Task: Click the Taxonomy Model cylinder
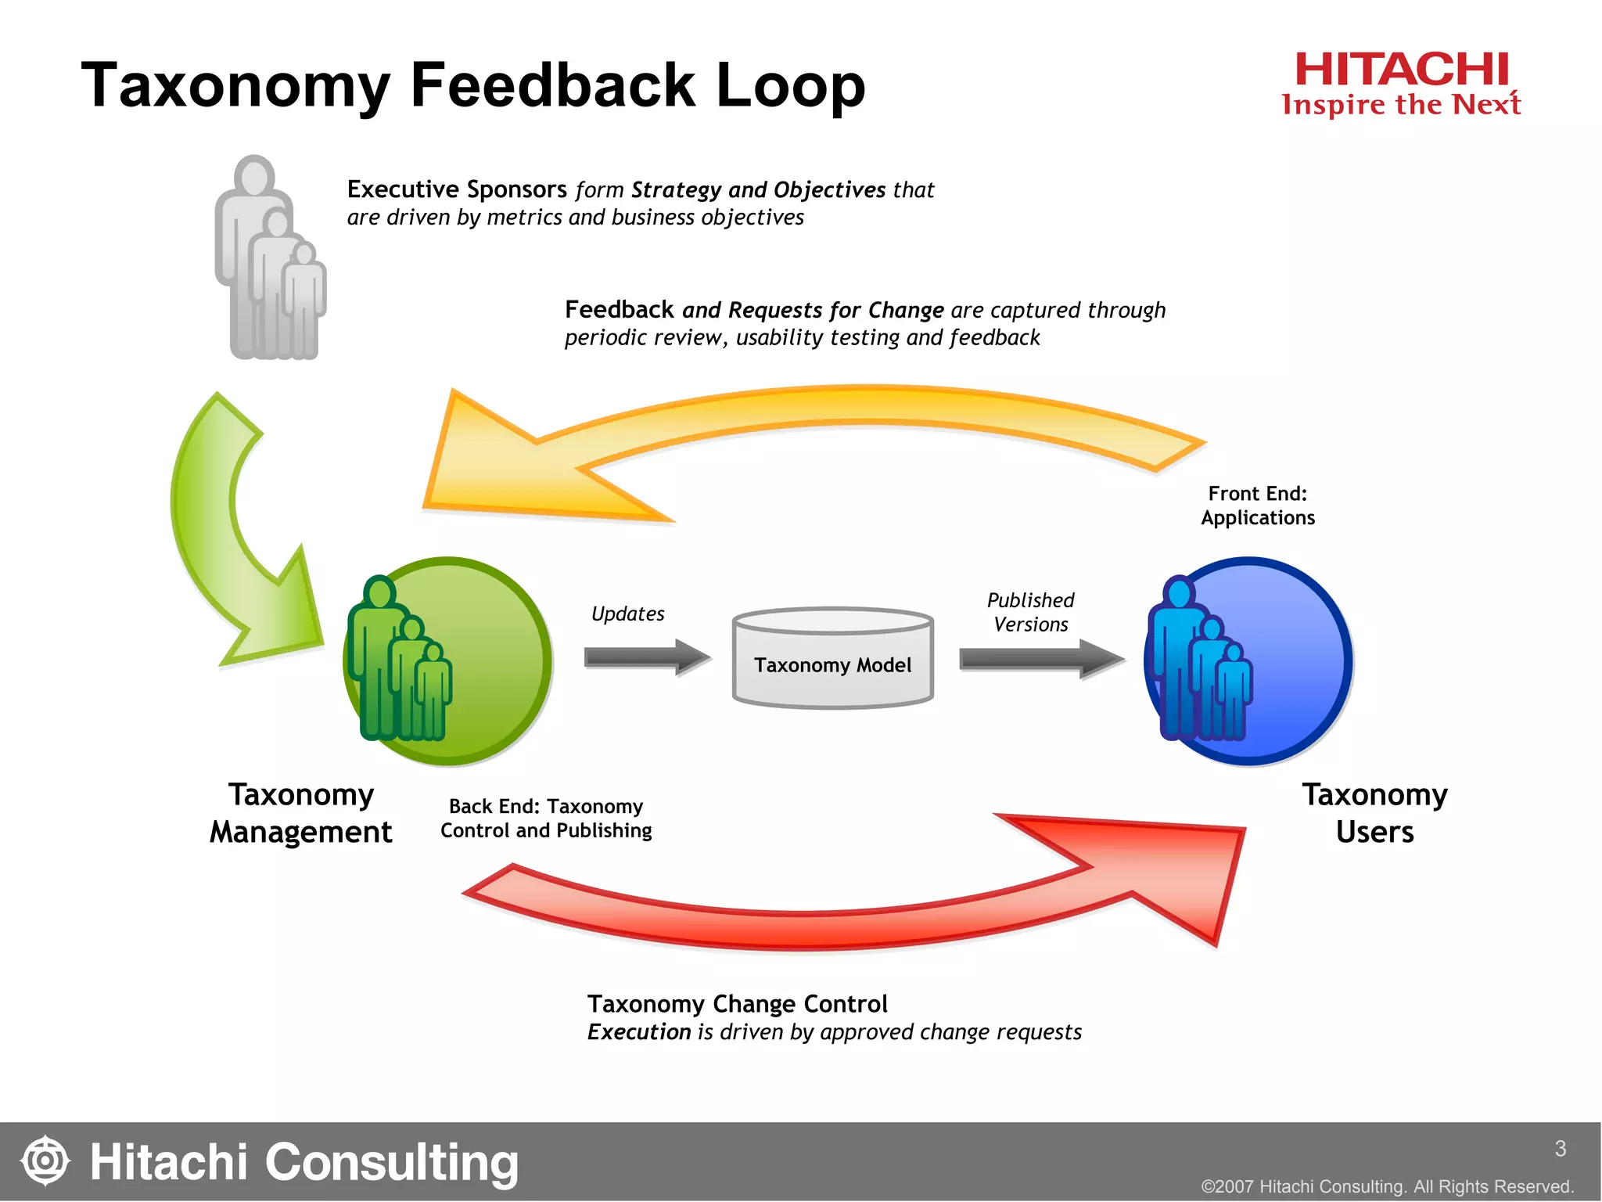coord(832,659)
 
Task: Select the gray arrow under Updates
coord(646,657)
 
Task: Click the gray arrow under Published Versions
coord(1040,658)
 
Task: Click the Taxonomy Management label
coord(301,813)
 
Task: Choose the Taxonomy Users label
coord(1374,813)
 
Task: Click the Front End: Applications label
coord(1258,506)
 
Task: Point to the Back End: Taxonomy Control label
coord(546,818)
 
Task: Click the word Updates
coord(627,614)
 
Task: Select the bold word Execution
coord(639,1032)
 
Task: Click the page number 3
coord(1560,1148)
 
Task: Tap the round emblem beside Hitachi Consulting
coord(45,1161)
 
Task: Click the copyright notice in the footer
coord(1387,1186)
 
